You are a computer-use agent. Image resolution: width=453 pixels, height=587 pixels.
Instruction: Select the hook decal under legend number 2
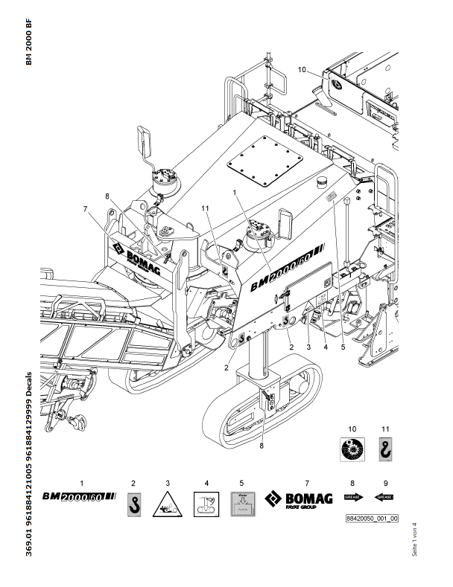(133, 504)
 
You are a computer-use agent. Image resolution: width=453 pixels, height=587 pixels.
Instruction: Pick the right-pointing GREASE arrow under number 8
(353, 496)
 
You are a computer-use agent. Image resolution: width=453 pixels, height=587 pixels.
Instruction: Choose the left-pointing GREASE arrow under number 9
(385, 496)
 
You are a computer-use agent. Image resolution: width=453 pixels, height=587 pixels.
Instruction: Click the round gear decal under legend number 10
(352, 452)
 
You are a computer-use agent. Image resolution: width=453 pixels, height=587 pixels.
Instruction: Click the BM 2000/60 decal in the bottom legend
(79, 495)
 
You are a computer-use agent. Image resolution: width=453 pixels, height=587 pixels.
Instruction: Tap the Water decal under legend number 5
(242, 505)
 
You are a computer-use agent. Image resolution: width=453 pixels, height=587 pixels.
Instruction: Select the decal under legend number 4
(206, 505)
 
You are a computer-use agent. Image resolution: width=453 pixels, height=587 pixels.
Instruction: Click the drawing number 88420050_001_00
(372, 518)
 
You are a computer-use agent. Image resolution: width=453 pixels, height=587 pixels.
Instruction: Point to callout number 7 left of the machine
(86, 208)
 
